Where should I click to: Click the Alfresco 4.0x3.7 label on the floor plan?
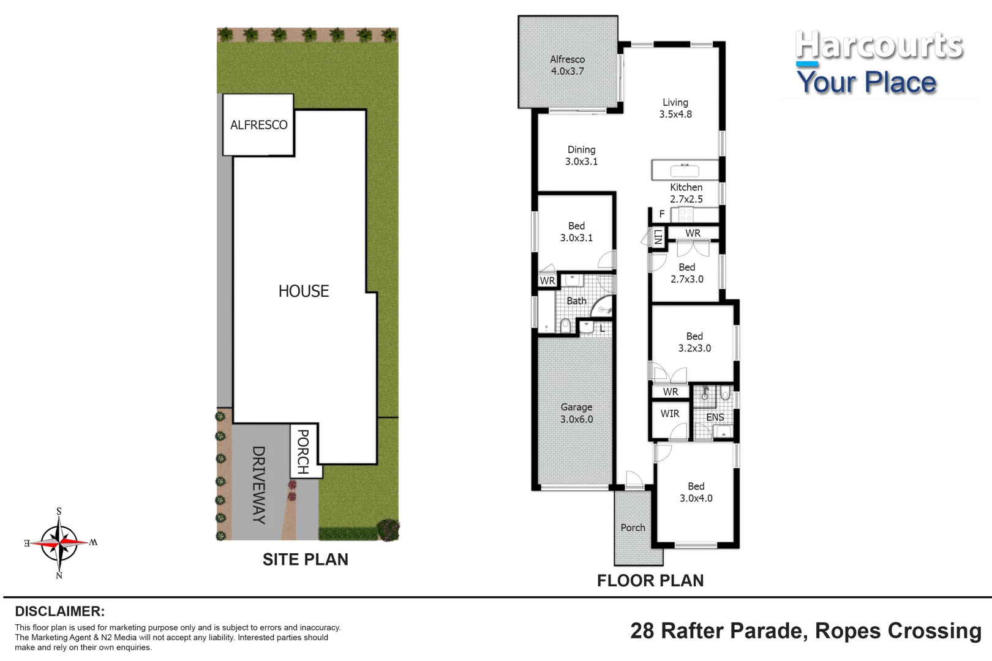coord(567,65)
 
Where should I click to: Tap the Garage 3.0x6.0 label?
coord(576,413)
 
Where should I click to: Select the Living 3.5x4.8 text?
coord(675,108)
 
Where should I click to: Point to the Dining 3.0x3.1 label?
coord(581,155)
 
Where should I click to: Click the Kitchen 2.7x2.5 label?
coord(686,193)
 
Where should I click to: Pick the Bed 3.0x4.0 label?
coord(696,492)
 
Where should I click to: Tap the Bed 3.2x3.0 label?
coord(694,342)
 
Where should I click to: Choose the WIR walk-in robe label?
coord(670,414)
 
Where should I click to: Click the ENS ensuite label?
coord(715,417)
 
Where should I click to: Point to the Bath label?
coord(576,301)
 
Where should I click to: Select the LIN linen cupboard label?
coord(658,237)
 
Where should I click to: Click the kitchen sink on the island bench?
coord(685,170)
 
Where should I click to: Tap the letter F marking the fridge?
coord(661,214)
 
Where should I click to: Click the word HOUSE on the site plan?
coord(303,291)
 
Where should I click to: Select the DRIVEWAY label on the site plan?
coord(258,485)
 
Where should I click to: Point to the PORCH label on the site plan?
coord(303,452)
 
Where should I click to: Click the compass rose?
coord(60,543)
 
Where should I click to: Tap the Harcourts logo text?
coord(879,45)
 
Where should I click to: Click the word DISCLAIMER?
coord(60,611)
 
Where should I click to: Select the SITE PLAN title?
coord(306,559)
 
